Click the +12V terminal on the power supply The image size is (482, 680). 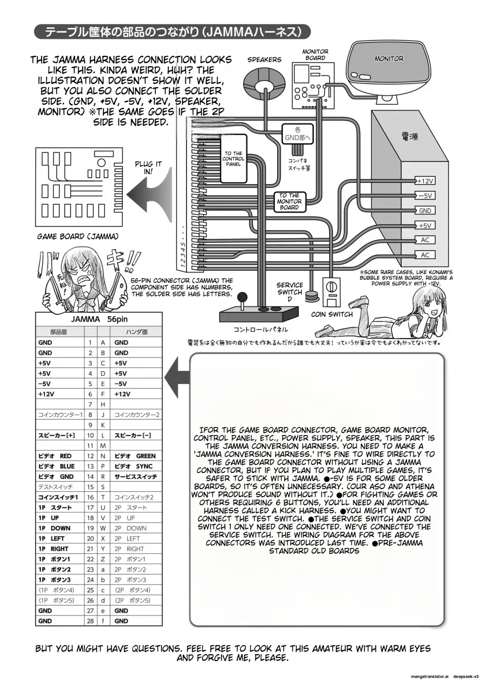(425, 181)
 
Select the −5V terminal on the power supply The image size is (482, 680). (425, 196)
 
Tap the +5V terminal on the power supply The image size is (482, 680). (425, 225)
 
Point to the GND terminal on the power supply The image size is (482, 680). (425, 210)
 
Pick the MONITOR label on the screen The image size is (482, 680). (389, 58)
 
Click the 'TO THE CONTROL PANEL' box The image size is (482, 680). (233, 159)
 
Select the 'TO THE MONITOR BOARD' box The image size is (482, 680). (289, 201)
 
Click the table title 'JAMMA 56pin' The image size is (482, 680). (99, 319)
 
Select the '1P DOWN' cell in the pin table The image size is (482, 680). (60, 528)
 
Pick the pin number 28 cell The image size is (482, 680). (91, 621)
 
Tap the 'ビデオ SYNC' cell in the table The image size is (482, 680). (134, 466)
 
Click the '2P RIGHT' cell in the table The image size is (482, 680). (134, 548)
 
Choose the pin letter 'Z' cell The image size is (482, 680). (103, 559)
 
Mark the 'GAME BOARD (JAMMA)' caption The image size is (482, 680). (78, 236)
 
